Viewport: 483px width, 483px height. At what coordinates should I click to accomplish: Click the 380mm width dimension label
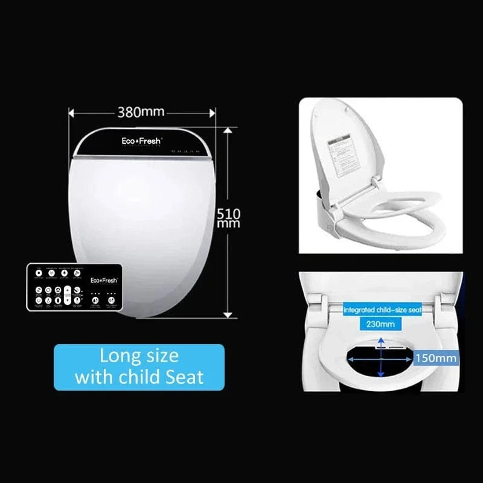pyautogui.click(x=141, y=112)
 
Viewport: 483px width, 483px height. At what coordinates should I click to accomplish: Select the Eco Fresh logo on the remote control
pyautogui.click(x=104, y=280)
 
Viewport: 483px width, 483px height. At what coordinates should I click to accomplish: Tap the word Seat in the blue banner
pyautogui.click(x=184, y=377)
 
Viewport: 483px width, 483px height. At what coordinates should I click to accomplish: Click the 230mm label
pyautogui.click(x=381, y=324)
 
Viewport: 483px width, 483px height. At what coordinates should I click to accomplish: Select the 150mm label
pyautogui.click(x=436, y=358)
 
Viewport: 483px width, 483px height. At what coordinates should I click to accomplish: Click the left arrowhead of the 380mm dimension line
pyautogui.click(x=71, y=112)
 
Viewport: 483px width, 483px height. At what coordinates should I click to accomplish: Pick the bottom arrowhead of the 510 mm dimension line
pyautogui.click(x=227, y=314)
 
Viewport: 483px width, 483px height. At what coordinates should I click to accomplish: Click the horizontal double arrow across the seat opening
pyautogui.click(x=381, y=357)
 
